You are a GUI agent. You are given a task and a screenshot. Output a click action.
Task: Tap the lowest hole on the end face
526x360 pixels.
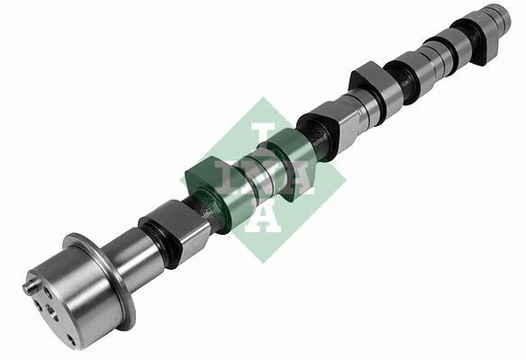tap(72, 340)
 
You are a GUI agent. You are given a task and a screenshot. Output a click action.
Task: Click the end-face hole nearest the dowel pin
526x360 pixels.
tap(48, 293)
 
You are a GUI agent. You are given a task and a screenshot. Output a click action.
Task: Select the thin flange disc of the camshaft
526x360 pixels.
tap(101, 282)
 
